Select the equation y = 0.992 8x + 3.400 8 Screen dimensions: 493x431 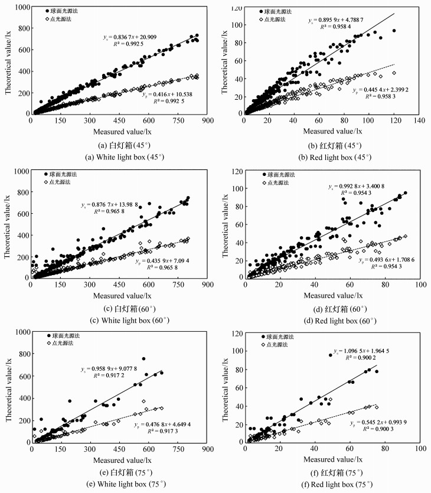point(360,187)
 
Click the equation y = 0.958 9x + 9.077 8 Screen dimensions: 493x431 point(113,369)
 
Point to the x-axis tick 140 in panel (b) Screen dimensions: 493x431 point(420,120)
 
